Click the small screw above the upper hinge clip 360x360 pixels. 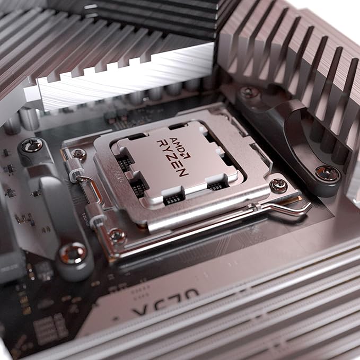click(x=80, y=154)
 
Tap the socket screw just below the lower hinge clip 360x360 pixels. click(x=117, y=235)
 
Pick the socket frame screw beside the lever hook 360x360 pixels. click(x=278, y=185)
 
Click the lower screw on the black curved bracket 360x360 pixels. click(x=328, y=172)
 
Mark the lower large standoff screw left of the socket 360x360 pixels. click(x=73, y=253)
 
